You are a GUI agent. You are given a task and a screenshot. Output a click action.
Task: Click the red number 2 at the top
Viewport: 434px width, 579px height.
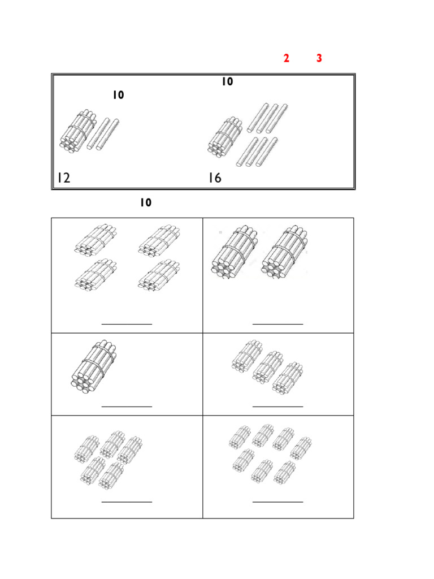[x=287, y=59]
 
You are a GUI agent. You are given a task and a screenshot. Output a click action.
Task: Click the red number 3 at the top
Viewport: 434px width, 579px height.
[x=319, y=59]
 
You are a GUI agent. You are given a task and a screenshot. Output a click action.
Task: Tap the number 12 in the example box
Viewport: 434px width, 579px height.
[x=63, y=179]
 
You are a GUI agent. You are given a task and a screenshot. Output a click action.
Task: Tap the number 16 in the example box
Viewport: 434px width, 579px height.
[x=215, y=179]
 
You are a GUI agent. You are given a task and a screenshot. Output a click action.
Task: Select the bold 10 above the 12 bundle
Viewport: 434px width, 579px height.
[x=118, y=96]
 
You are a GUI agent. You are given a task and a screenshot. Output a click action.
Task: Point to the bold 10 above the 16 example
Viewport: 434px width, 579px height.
[x=227, y=82]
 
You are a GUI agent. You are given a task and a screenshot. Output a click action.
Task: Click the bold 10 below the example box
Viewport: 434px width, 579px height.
[x=146, y=202]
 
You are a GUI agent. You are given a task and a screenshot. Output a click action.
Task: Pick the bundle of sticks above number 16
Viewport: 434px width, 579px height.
[x=225, y=137]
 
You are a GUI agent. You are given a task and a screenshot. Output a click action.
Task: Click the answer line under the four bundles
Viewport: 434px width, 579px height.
[x=127, y=324]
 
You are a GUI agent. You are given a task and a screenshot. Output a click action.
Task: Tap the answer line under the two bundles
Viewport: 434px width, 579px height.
[x=278, y=324]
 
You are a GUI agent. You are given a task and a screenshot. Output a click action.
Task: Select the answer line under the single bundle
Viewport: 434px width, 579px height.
[x=127, y=406]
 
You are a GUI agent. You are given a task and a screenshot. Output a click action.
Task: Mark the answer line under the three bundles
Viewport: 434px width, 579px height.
[x=278, y=406]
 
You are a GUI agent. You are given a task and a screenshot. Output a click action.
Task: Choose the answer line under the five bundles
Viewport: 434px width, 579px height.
[x=127, y=502]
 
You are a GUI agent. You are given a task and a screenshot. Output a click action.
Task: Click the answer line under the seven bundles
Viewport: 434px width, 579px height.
[x=278, y=502]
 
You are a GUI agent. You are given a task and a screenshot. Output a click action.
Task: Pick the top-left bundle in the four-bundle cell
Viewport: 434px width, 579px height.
[x=95, y=239]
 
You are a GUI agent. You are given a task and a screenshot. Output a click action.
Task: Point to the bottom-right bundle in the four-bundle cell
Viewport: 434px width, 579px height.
[x=158, y=275]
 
